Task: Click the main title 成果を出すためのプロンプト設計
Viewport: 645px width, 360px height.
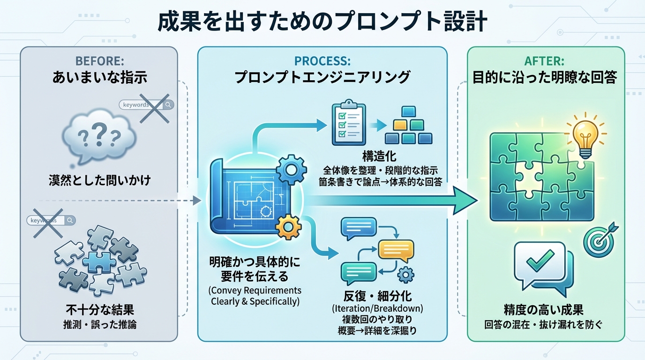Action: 322,22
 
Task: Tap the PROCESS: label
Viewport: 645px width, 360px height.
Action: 322,61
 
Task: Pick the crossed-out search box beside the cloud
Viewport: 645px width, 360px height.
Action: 146,105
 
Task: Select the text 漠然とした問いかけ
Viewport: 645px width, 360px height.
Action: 99,180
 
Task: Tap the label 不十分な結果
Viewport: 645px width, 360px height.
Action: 99,310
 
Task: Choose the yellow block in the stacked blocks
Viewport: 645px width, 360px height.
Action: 400,125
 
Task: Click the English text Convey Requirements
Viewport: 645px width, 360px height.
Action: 255,290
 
